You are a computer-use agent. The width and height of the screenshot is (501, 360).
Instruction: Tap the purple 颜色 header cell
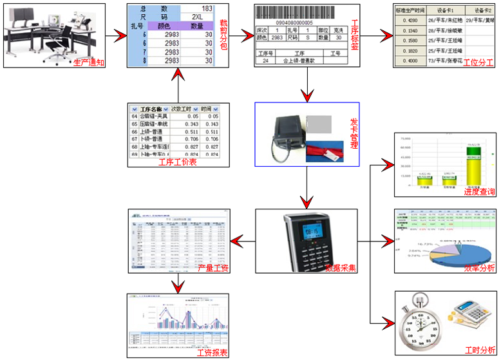(x=162, y=25)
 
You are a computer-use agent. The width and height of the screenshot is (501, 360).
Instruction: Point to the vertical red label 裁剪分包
(x=223, y=32)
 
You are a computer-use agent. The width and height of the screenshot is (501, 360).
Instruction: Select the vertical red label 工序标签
(x=354, y=35)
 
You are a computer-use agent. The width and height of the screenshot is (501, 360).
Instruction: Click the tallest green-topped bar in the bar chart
(x=473, y=167)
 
